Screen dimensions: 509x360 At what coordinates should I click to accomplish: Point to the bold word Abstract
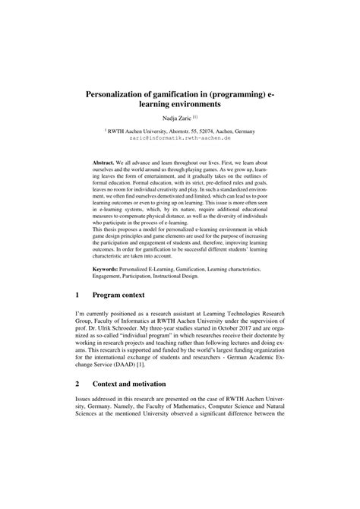107,163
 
